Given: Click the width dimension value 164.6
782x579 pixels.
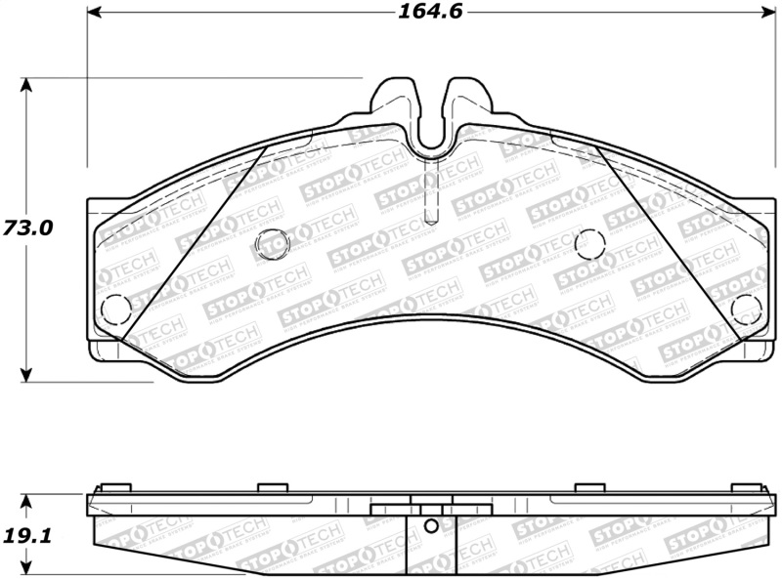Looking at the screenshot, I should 430,13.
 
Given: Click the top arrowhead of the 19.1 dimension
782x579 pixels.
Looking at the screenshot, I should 27,501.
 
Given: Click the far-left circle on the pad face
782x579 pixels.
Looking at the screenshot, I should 115,309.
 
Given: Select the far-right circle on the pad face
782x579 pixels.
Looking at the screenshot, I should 747,308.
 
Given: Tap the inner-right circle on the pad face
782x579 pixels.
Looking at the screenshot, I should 590,242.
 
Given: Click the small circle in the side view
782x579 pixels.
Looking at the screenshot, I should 431,526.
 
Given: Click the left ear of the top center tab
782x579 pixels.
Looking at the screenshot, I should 396,98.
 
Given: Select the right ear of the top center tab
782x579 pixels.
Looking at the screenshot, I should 467,98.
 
